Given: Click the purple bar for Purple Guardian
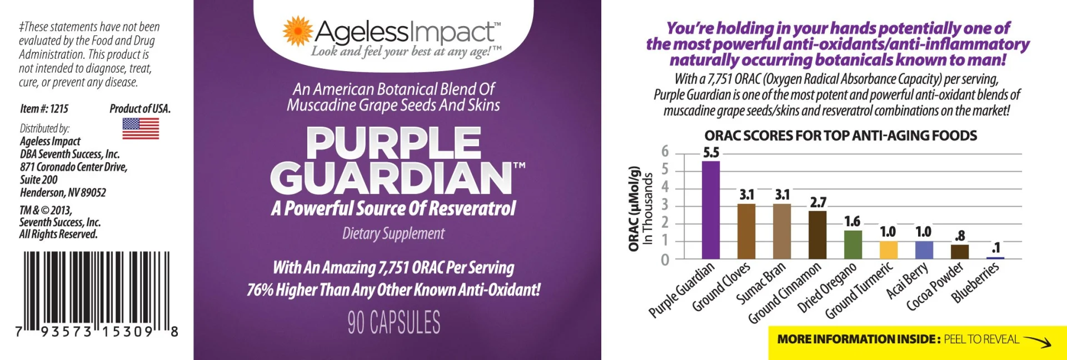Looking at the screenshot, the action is (x=711, y=210).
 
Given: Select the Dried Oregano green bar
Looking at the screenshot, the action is (x=853, y=245).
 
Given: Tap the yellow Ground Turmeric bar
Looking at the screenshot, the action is (x=889, y=250).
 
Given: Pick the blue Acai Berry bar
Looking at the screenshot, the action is (x=924, y=250).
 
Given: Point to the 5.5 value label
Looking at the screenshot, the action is (x=711, y=152).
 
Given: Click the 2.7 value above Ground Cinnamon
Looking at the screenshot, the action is (x=818, y=202).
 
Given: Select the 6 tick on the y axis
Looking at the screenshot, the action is (x=665, y=151).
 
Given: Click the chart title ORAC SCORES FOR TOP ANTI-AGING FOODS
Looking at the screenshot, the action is (x=840, y=136).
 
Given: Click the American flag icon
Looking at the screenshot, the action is (x=141, y=128).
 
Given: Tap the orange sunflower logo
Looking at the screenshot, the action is (x=297, y=31).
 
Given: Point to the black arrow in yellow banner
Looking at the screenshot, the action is (x=1037, y=341).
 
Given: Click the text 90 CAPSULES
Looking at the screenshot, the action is (x=394, y=322).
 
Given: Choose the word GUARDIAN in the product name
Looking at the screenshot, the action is (x=391, y=178).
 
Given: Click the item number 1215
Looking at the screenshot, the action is (x=44, y=109).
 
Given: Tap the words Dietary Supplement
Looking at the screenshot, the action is (x=393, y=233).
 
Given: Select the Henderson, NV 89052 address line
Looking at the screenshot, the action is (x=63, y=193).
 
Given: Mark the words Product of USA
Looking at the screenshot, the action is (x=140, y=109).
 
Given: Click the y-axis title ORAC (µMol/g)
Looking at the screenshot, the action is (x=634, y=208).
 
